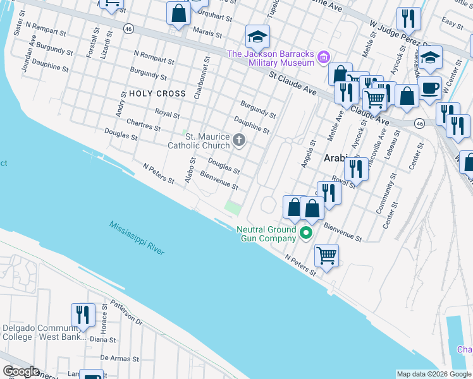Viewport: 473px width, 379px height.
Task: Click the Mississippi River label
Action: pyautogui.click(x=136, y=238)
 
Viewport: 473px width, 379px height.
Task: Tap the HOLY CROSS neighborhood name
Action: pyautogui.click(x=157, y=93)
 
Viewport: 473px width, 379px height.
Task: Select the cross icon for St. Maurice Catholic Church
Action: pyautogui.click(x=239, y=140)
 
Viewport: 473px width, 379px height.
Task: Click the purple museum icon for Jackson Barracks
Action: pyautogui.click(x=324, y=58)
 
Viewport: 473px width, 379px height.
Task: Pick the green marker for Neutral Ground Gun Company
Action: pyautogui.click(x=307, y=234)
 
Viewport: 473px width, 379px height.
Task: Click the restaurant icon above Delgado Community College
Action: pyautogui.click(x=83, y=315)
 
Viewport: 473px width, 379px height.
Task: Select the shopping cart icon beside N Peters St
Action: pyautogui.click(x=326, y=256)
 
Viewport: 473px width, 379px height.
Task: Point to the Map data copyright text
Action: pyautogui.click(x=434, y=374)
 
